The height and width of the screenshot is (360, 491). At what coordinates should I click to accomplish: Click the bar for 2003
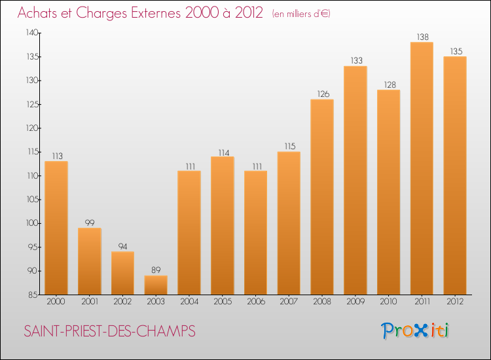coord(156,285)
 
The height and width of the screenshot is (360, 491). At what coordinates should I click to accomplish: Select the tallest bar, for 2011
coord(422,168)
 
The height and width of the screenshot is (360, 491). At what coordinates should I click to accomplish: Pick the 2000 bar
coord(56,228)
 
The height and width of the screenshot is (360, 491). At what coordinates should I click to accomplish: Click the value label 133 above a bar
coord(355,61)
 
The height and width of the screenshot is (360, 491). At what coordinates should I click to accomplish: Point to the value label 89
coord(156,270)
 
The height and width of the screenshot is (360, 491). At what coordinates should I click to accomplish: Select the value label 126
coord(322,94)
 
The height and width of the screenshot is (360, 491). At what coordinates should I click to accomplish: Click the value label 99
coord(90,223)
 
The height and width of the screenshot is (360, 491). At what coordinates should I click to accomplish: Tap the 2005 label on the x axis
coord(222,302)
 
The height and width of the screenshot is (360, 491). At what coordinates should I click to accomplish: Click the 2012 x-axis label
coord(455,302)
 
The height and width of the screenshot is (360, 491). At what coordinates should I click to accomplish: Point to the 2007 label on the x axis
coord(289,302)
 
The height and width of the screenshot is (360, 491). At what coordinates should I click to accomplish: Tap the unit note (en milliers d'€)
coord(301,14)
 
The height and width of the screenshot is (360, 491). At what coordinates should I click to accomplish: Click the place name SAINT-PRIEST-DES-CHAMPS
coord(109,331)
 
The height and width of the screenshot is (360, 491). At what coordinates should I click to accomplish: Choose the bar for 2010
coord(388,192)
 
